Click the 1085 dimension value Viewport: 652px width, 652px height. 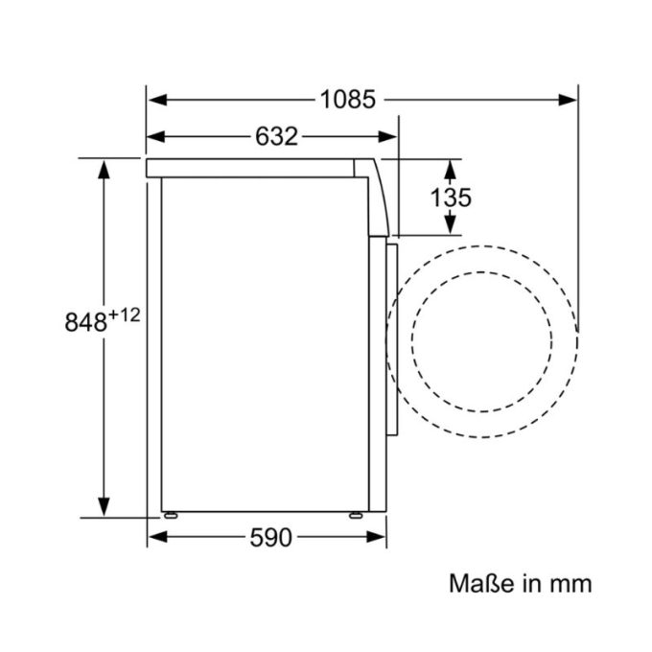[348, 99]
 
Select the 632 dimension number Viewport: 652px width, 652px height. [276, 137]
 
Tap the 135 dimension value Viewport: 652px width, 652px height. [450, 198]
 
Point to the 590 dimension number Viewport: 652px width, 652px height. [270, 539]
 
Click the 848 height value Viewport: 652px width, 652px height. [84, 322]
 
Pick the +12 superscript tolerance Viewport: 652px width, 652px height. [125, 314]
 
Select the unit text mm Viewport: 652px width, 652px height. [570, 583]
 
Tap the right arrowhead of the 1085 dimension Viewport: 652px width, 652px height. [569, 99]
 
